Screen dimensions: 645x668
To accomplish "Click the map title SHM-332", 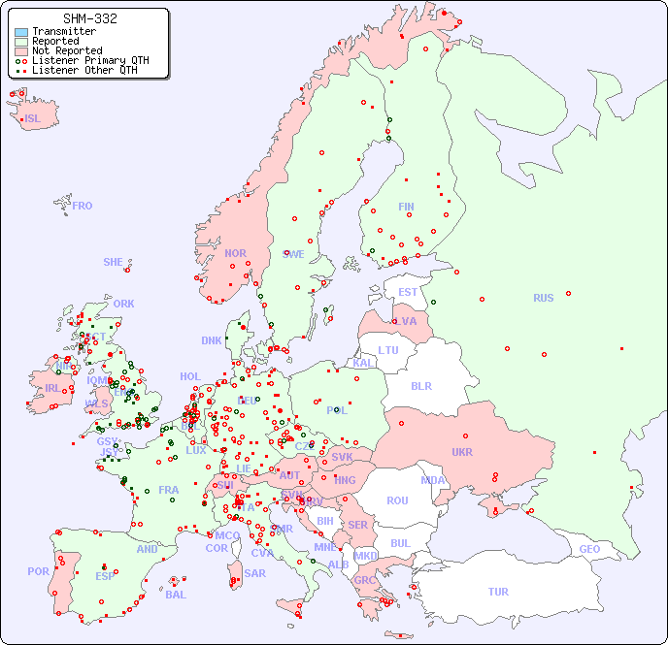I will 89,18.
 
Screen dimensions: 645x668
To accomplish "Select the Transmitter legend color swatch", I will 21,32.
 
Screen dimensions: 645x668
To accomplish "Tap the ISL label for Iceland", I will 33,119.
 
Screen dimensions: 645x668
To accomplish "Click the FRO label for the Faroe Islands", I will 83,206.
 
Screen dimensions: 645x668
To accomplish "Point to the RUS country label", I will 543,298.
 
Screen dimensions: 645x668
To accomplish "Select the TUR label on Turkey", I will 498,592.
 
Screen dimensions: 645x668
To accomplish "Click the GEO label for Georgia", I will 589,549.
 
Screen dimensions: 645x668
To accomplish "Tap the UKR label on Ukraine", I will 462,452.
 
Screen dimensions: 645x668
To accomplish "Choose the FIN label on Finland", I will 406,207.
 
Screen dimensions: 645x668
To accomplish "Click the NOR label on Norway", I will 235,253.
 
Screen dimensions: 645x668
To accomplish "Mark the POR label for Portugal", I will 38,571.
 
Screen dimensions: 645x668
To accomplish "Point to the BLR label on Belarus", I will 420,385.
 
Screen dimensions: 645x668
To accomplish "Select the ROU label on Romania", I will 397,500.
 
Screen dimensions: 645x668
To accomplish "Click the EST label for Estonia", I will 408,292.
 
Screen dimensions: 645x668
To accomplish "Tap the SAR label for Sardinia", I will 254,573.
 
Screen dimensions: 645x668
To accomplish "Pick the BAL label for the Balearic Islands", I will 176,595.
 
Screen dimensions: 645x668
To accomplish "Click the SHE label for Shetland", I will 114,262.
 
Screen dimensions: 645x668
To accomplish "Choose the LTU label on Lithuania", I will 388,350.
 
